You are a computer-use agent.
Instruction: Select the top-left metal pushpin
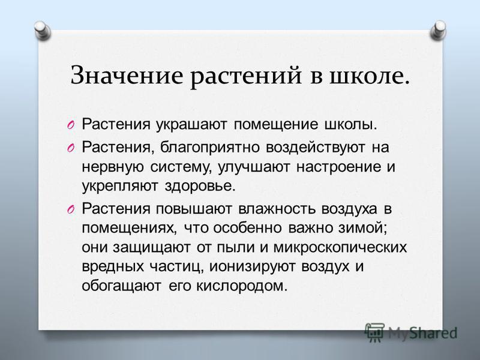pos(42,31)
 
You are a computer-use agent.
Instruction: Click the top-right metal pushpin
pos(438,31)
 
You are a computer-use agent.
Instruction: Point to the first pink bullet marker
pos(70,125)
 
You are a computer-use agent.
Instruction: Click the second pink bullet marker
pos(70,148)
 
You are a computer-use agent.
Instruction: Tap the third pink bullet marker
pos(70,210)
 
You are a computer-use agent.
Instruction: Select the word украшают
pos(191,125)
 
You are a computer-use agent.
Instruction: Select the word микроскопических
pos(340,248)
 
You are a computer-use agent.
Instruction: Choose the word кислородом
pos(239,286)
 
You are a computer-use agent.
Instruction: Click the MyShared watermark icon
pos(374,331)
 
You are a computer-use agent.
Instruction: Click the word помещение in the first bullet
pos(276,125)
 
